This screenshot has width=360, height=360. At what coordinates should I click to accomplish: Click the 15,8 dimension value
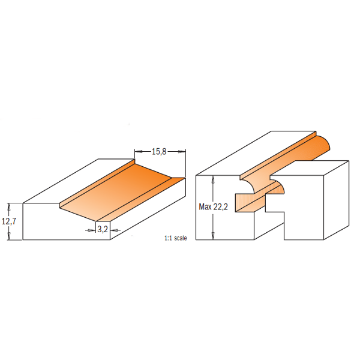pyautogui.click(x=159, y=152)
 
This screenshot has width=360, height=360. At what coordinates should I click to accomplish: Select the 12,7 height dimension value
pyautogui.click(x=8, y=221)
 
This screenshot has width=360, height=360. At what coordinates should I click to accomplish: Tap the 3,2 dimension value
pyautogui.click(x=103, y=229)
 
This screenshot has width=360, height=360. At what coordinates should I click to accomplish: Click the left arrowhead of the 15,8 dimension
pyautogui.click(x=137, y=152)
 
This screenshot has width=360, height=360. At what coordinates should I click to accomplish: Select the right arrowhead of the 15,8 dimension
pyautogui.click(x=182, y=152)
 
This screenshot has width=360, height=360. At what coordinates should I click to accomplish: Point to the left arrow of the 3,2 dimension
pyautogui.click(x=93, y=229)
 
